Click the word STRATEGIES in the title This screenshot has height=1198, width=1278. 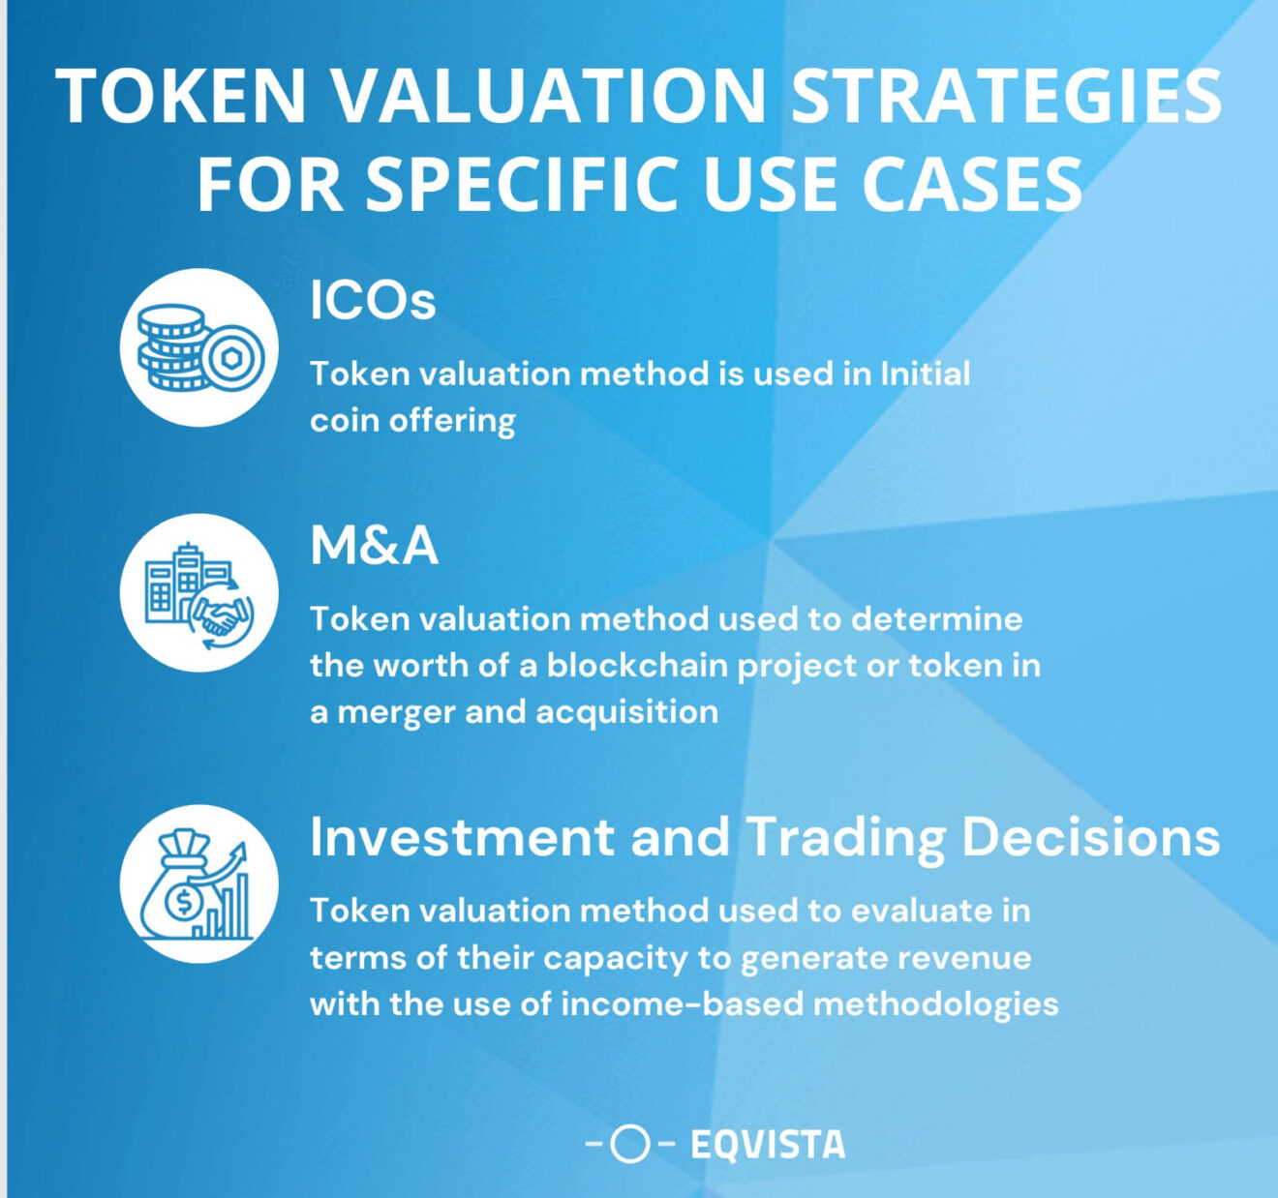1007,96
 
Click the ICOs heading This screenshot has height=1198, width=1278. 373,300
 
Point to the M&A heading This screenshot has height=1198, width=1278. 374,546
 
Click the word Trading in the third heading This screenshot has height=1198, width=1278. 845,838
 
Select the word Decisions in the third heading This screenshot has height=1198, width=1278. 1090,836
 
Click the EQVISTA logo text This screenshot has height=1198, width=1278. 767,1145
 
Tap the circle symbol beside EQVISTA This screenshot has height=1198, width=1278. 630,1145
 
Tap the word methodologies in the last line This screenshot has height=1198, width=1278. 935,1004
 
